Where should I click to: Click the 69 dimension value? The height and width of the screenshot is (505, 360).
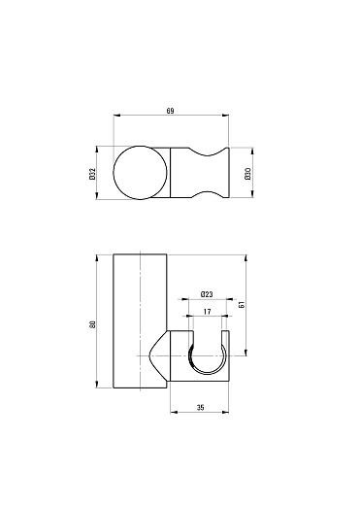tap(170, 111)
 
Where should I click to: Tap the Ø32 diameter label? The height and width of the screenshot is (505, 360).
tap(92, 173)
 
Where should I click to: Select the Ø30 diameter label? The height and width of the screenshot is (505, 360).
tap(248, 174)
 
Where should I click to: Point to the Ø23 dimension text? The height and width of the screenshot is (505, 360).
tap(207, 294)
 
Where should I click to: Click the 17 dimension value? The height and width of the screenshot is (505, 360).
tap(208, 312)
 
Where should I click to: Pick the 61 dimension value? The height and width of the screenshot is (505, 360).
tap(242, 304)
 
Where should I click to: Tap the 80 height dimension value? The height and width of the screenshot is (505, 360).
tap(92, 323)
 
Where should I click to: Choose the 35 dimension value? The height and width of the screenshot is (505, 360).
tap(201, 407)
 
